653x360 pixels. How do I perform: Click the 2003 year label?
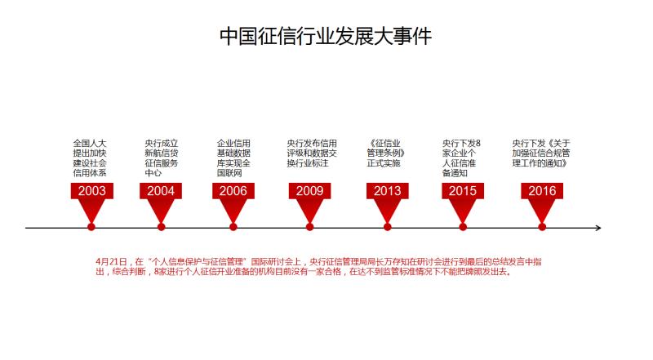91,191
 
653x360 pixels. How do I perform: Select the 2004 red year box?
161,191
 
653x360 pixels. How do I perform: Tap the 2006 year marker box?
233,191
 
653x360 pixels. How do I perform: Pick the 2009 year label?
309,191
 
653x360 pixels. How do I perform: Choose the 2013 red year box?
387,191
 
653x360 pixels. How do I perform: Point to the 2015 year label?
463,191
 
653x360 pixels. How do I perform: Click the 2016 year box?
542,191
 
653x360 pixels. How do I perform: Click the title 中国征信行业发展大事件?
325,36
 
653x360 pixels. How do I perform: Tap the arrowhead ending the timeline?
598,228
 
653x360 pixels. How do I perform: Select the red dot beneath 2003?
91,227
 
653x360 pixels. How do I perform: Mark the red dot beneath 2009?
309,227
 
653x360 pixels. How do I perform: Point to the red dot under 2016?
542,227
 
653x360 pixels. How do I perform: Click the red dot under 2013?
387,227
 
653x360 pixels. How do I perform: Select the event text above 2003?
90,158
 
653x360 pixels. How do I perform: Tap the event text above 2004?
162,158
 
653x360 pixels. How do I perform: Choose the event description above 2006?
233,158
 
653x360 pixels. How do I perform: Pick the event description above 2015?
461,158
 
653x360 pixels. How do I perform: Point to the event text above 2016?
541,153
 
